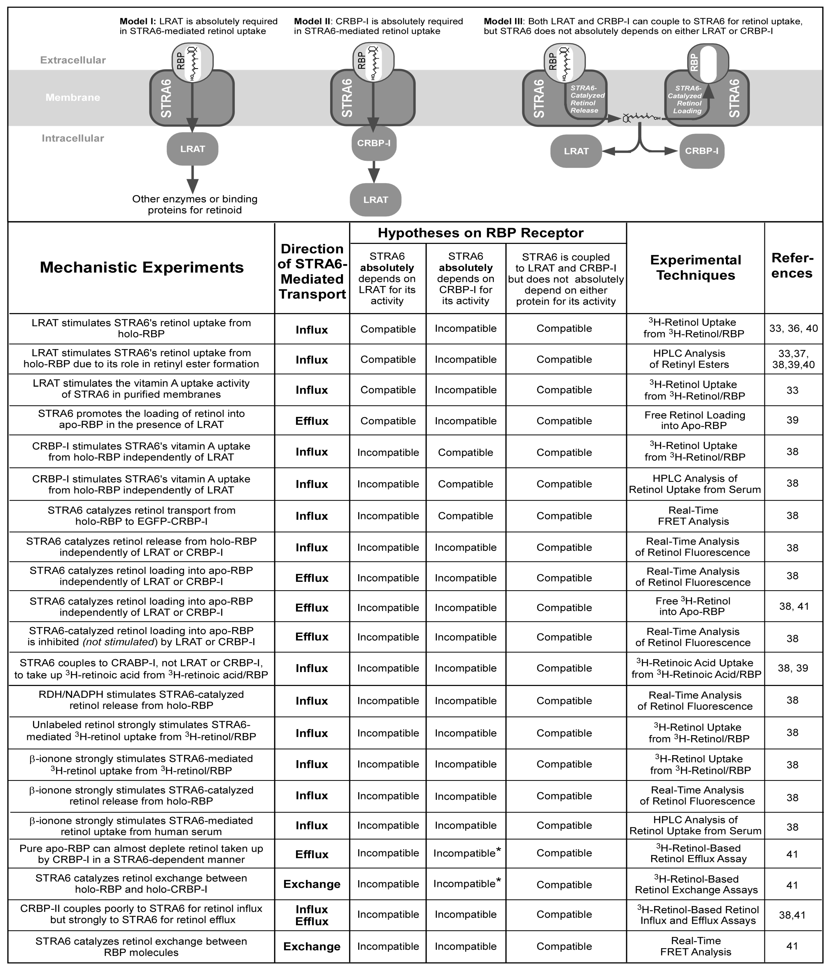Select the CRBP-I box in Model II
coord(374,143)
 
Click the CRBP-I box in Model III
coord(701,151)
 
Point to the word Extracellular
coord(73,60)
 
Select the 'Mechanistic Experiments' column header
coord(142,267)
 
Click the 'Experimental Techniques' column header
coord(695,267)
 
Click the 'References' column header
coord(792,265)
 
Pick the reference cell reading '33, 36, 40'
coord(793,328)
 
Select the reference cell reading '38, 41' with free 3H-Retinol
coord(793,606)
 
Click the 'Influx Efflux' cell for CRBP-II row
coord(312,915)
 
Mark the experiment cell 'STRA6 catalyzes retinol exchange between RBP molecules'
coord(141,947)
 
